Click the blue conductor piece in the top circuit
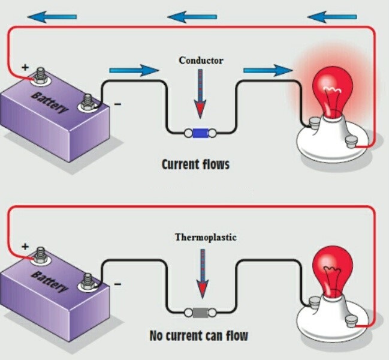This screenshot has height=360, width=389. coord(200,133)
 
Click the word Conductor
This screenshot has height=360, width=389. coord(201,61)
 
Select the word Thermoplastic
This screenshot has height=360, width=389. coord(206,237)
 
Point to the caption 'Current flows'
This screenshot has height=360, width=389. coord(195,163)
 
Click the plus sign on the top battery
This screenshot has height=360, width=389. coord(25,67)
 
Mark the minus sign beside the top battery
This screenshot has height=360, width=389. coord(117,104)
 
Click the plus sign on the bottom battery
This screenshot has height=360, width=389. coord(25,246)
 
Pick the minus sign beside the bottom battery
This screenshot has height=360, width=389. coord(117,282)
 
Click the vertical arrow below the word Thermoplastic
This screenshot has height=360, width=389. coord(199,272)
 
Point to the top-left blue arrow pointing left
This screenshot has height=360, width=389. coord(52,17)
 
